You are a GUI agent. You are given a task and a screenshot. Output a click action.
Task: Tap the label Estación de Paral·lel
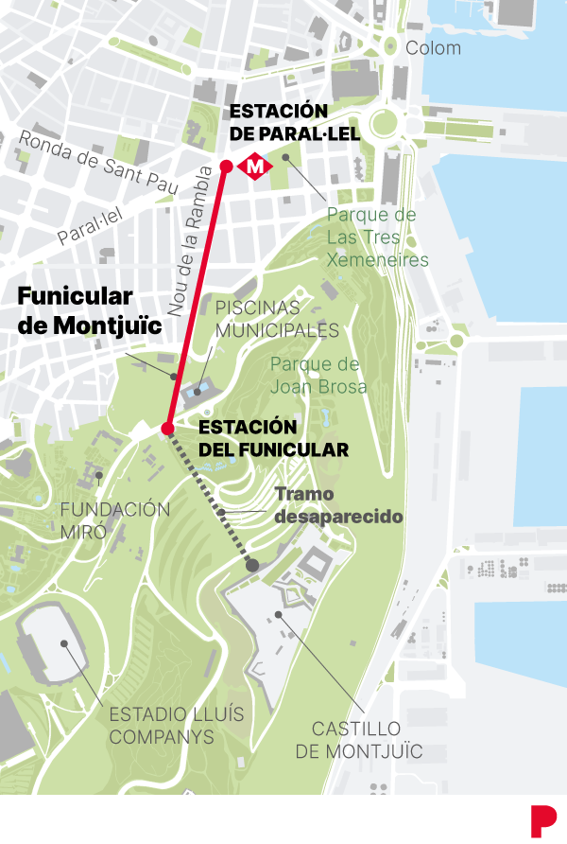(295, 123)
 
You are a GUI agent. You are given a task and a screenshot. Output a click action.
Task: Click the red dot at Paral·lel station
(226, 167)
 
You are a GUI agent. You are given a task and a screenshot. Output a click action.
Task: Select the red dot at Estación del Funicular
(167, 429)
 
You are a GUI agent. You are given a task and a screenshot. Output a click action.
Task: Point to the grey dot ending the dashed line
(252, 565)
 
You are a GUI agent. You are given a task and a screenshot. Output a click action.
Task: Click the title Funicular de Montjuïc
(88, 310)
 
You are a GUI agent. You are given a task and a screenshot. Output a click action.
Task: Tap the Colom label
(433, 48)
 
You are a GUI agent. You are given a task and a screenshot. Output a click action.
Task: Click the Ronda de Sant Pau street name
(98, 163)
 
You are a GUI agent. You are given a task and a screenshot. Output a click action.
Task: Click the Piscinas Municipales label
(277, 319)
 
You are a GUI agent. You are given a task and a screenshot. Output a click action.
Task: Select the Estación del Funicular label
(274, 438)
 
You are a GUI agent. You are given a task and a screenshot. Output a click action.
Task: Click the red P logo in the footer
(542, 818)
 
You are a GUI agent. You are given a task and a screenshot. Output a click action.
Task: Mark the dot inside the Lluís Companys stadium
(65, 643)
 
